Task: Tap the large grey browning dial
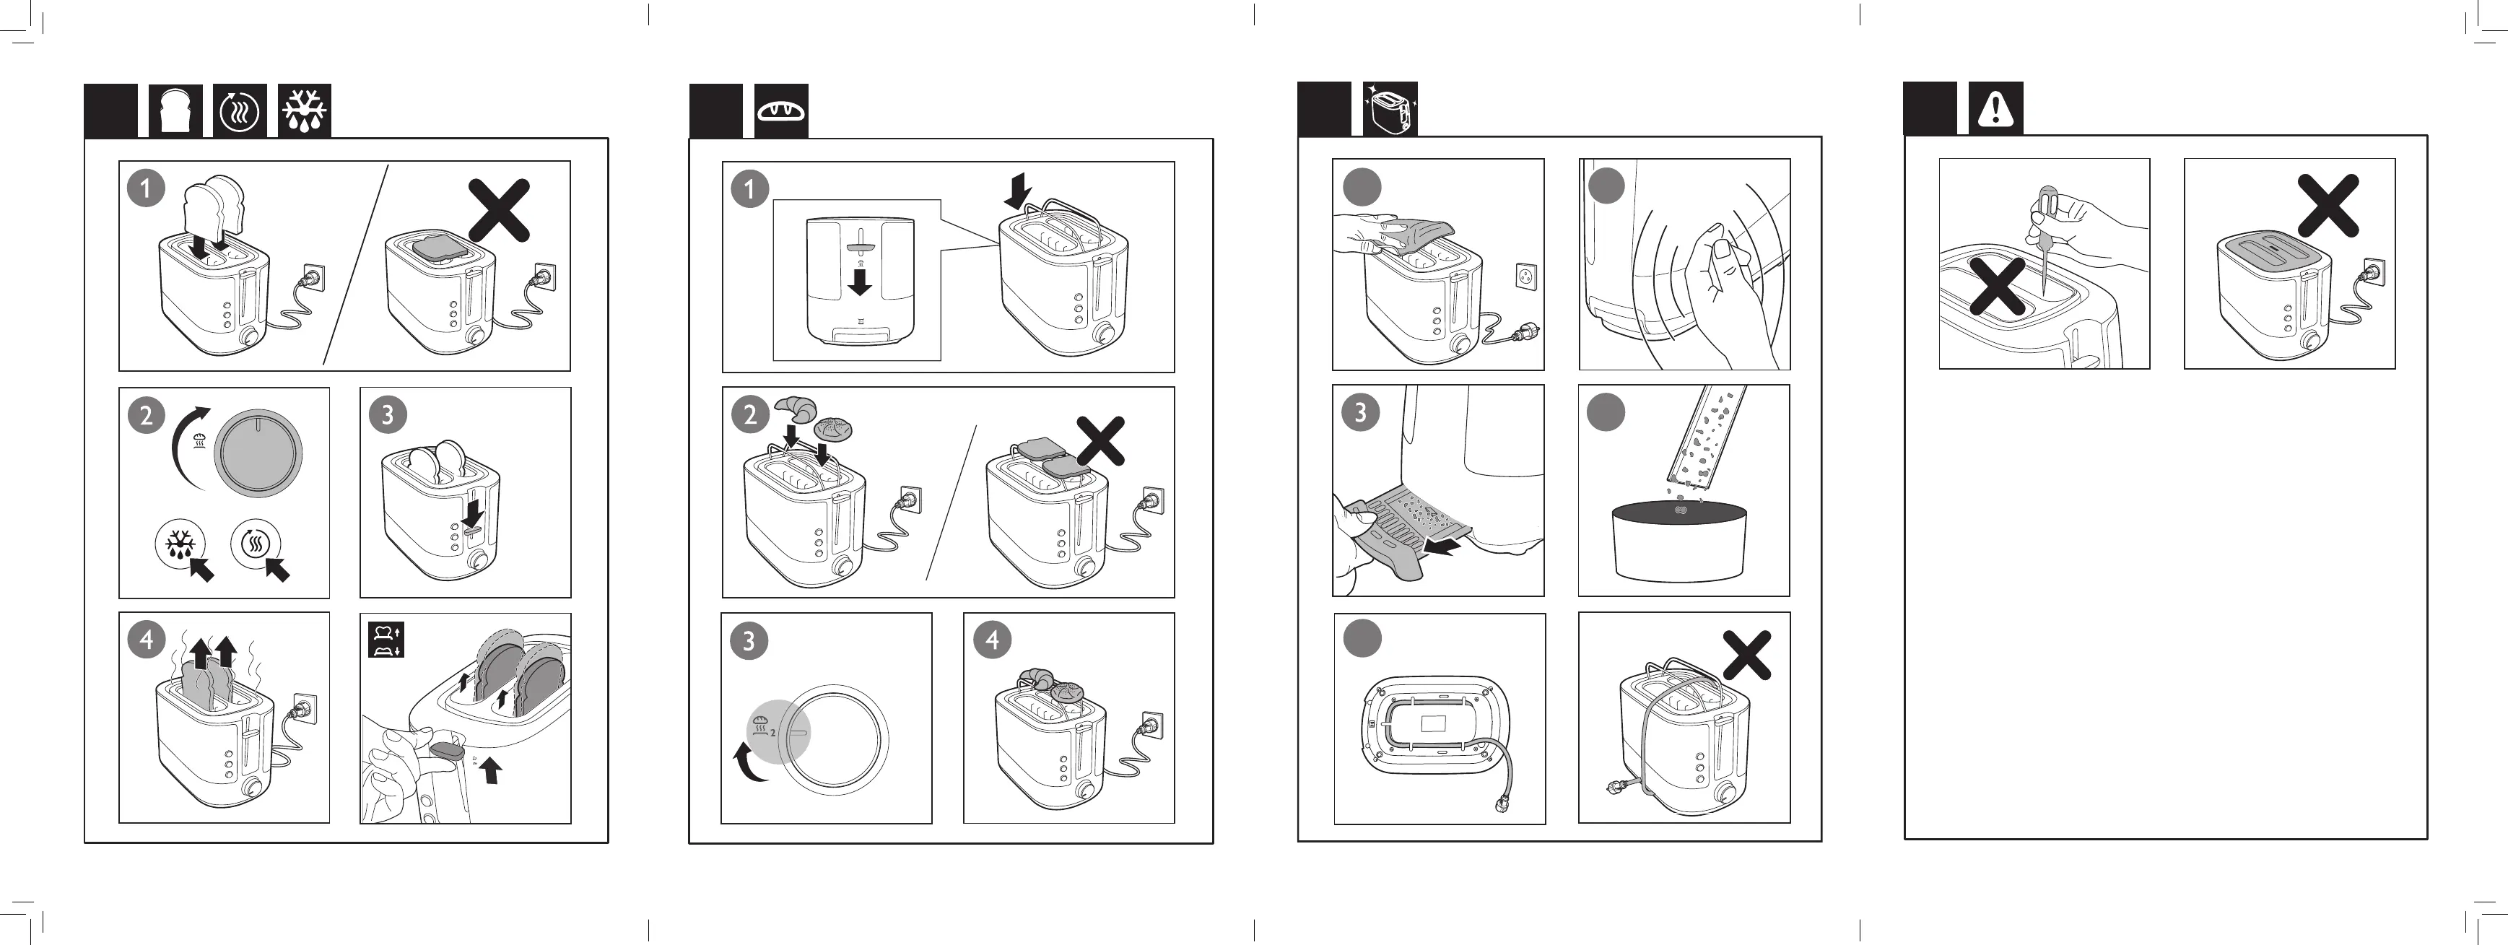[258, 453]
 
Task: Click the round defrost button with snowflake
[179, 545]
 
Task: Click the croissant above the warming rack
[796, 408]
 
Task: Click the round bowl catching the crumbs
[1679, 540]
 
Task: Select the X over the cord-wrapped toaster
[1746, 655]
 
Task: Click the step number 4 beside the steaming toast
[146, 640]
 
